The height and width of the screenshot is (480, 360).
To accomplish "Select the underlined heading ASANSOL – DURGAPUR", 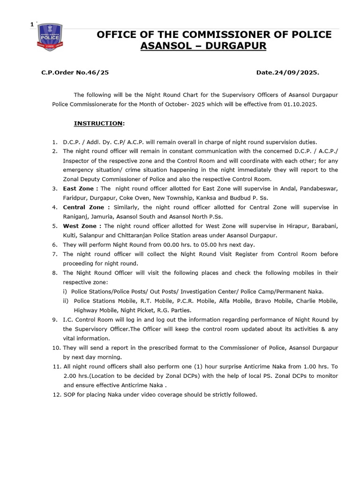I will point(203,46).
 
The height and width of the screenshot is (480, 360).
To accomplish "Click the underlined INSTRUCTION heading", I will point(98,123).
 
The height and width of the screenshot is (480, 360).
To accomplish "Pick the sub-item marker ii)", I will point(66,301).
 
